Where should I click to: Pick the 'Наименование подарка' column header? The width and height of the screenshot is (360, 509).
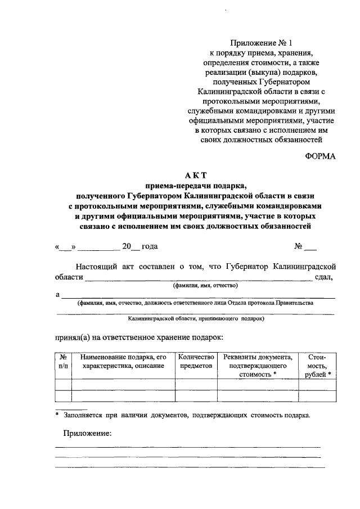[x=123, y=361]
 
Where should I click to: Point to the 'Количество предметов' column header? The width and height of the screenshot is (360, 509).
[x=196, y=361]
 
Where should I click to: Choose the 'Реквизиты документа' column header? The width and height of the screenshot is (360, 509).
[x=258, y=365]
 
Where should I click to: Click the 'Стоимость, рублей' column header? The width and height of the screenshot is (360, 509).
[x=317, y=365]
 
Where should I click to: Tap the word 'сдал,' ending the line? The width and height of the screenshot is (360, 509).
[x=325, y=276]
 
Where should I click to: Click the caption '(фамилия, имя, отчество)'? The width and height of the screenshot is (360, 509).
[x=206, y=286]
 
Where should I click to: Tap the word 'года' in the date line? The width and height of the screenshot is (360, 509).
[x=149, y=246]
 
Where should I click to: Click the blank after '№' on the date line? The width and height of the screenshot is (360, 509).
[x=310, y=247]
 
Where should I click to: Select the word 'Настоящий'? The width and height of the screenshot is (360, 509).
[x=96, y=265]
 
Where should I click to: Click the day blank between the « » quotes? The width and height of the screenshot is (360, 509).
[x=66, y=247]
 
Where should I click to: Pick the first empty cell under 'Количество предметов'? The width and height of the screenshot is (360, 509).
[x=196, y=385]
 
